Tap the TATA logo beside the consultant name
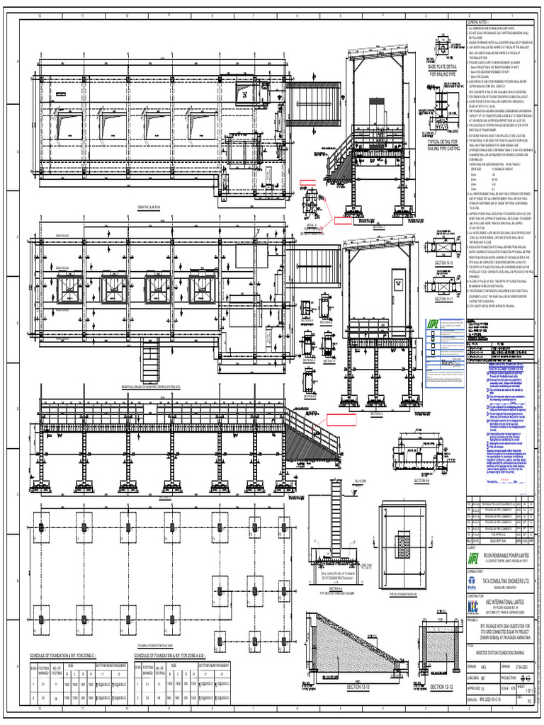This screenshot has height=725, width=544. point(472,581)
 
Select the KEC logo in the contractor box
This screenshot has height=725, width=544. point(472,606)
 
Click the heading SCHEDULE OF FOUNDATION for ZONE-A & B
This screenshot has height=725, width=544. point(187,656)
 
